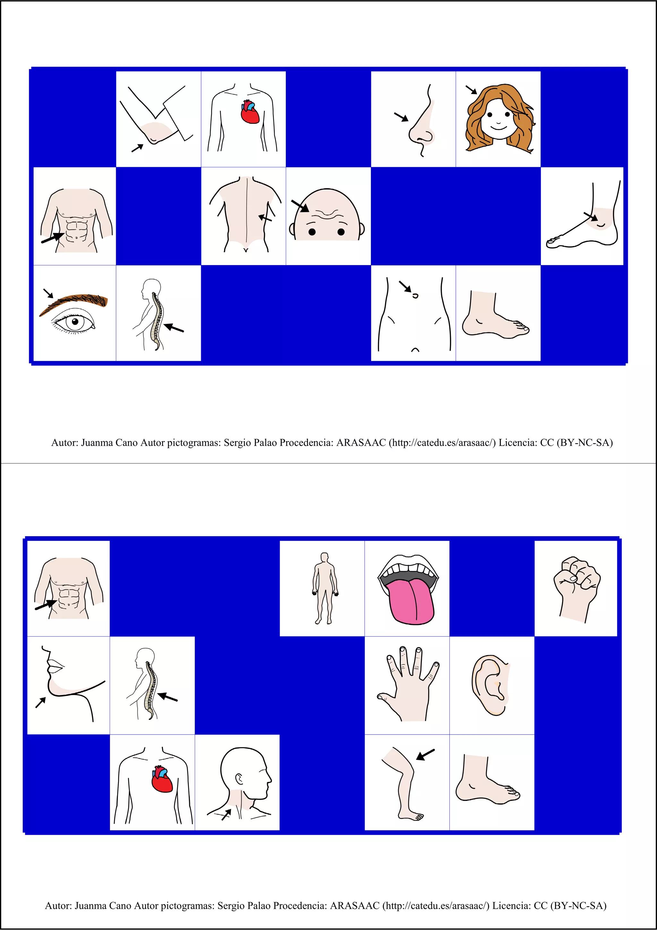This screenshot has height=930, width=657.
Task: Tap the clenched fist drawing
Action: coord(576,583)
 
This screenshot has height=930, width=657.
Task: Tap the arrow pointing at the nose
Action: coord(401,117)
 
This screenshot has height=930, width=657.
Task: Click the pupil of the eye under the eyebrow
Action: coord(75,323)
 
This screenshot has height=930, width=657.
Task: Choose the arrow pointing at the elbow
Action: coord(138,148)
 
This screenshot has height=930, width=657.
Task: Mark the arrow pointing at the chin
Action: coord(40,702)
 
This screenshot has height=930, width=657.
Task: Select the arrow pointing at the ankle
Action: coord(590,217)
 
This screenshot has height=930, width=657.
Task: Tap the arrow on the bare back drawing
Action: coord(265,218)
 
